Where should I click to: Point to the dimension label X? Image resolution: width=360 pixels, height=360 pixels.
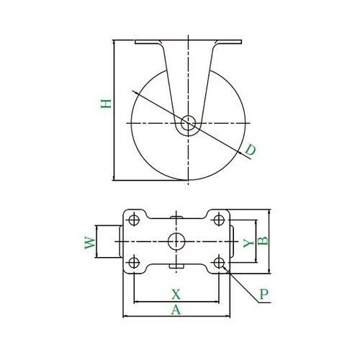pos(175,294)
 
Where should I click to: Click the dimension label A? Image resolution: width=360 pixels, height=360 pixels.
pos(175,310)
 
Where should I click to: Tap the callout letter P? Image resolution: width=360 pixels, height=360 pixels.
pos(264,294)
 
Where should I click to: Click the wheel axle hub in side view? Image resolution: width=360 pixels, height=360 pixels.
pos(188,123)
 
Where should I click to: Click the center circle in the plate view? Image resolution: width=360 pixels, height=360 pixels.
pos(176,241)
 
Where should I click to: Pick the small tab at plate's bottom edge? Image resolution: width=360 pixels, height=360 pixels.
pos(176,268)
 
